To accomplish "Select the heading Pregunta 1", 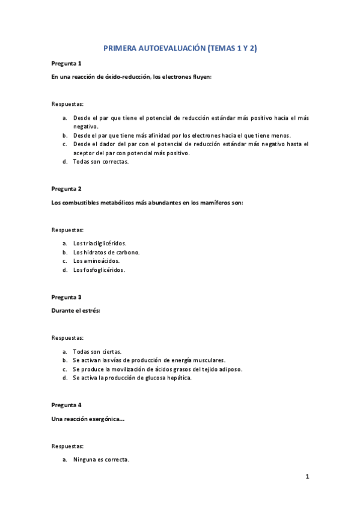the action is [66, 63].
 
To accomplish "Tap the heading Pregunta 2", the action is [66, 189].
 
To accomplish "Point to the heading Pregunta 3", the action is [66, 297].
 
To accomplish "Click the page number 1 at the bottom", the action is [307, 478].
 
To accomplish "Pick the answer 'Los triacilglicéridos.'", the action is [100, 243].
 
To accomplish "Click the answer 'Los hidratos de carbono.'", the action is [106, 252].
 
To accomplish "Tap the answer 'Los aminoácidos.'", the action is [96, 261].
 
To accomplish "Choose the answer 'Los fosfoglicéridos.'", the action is [99, 270].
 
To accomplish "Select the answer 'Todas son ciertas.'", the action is [97, 351].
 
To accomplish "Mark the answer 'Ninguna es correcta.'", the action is [101, 459].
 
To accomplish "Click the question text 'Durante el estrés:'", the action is [76, 310].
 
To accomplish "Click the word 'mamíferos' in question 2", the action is [210, 202].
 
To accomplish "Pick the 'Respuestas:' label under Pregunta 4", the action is [67, 446].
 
